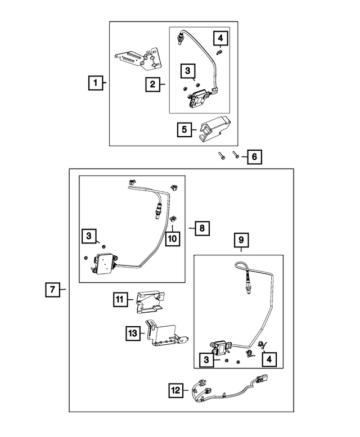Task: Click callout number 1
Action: click(96, 84)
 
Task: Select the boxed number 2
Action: click(152, 85)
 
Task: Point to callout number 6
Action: click(254, 156)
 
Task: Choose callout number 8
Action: click(201, 228)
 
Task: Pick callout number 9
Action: click(241, 240)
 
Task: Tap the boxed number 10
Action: click(172, 238)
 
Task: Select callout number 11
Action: click(120, 300)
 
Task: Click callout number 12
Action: click(176, 389)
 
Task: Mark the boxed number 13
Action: click(132, 333)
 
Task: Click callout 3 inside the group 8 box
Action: click(88, 237)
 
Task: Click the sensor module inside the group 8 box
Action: click(104, 263)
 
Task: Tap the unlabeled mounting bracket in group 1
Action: click(138, 57)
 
